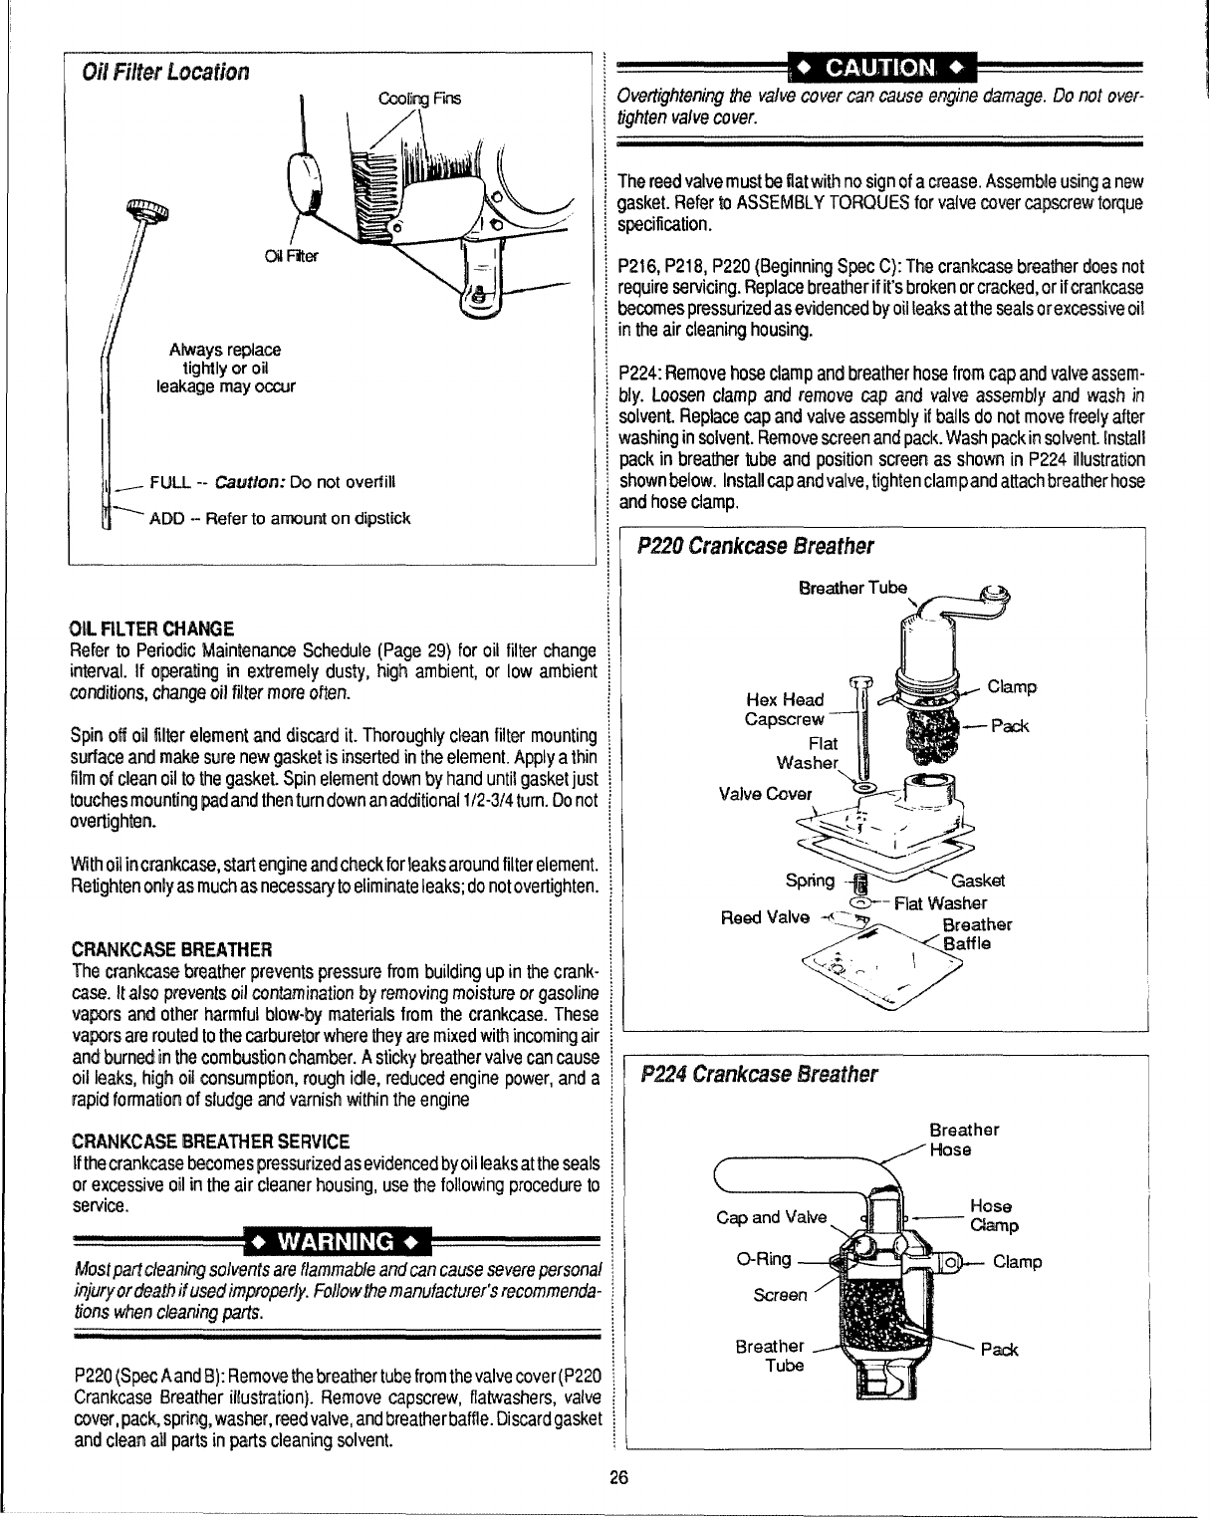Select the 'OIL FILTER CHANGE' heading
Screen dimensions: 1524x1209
point(152,628)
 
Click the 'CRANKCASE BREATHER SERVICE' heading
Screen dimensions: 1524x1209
point(210,1141)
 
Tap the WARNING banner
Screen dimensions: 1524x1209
point(336,1242)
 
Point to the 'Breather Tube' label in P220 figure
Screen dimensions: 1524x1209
point(852,588)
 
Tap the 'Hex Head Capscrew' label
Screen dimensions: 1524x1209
point(785,709)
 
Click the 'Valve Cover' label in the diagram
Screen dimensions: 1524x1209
point(765,794)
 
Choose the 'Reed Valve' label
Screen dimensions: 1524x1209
point(765,917)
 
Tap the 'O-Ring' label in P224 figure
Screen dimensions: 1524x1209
point(763,1259)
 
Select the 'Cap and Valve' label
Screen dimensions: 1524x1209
point(771,1217)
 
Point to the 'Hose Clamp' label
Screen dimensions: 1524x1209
point(993,1215)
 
